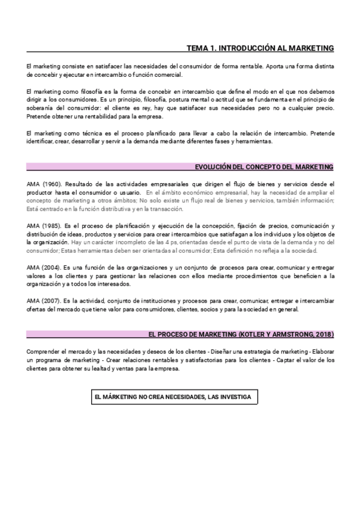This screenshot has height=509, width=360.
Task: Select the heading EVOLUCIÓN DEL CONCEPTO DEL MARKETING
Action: tap(265, 167)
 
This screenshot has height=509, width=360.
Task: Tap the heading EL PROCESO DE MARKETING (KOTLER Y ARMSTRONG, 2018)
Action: tap(241, 334)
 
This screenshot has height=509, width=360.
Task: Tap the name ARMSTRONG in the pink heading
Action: tap(289, 334)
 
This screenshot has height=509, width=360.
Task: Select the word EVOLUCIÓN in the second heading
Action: tap(214, 167)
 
